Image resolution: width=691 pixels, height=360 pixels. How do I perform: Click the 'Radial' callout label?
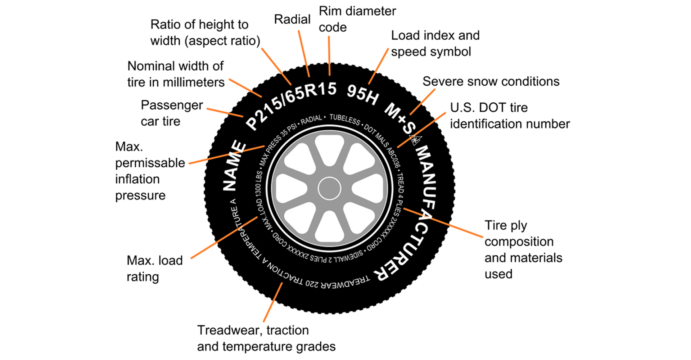[292, 19]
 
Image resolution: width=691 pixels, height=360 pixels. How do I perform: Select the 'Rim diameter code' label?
[357, 19]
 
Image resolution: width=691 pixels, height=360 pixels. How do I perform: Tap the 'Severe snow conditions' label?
[491, 82]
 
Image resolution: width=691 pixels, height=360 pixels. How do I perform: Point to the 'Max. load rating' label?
[154, 268]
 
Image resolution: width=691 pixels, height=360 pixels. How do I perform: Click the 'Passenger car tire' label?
[171, 113]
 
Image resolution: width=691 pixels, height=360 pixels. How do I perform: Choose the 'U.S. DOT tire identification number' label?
[510, 116]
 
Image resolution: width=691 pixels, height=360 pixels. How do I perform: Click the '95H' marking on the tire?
[363, 95]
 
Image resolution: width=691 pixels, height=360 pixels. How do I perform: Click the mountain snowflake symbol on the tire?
[416, 140]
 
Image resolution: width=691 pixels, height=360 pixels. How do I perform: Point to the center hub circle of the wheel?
[329, 188]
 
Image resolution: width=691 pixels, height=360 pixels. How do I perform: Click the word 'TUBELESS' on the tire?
[344, 119]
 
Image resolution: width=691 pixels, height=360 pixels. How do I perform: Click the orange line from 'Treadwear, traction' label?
[272, 302]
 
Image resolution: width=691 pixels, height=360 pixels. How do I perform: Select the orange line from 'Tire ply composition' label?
[443, 222]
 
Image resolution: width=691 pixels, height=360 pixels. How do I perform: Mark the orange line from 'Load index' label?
[378, 67]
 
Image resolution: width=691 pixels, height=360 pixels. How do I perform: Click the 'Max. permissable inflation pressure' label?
[150, 171]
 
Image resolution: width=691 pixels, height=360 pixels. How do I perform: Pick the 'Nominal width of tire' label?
[176, 74]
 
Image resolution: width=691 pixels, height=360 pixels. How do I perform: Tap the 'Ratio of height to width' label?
[205, 33]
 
